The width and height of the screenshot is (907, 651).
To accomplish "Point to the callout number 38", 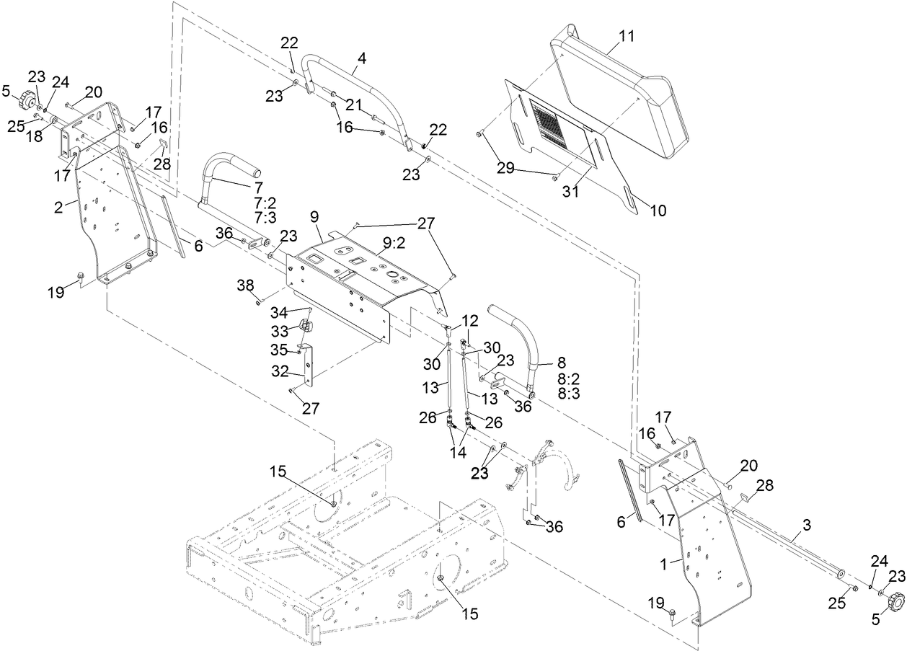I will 246,285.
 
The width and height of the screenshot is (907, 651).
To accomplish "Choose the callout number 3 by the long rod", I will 807,527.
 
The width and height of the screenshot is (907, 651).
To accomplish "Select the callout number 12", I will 469,320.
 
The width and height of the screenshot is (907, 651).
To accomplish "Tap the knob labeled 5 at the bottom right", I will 894,600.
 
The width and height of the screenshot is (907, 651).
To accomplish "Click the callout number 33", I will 278,331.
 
